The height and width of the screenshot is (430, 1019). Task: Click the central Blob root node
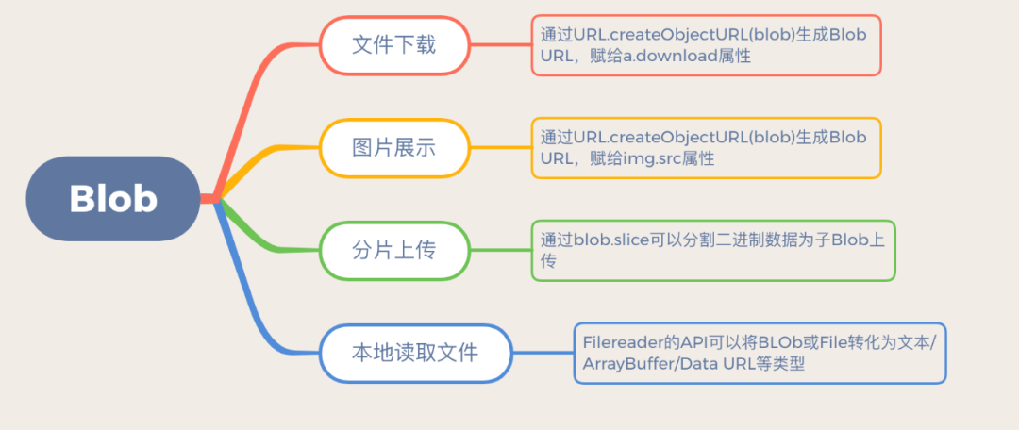pyautogui.click(x=113, y=198)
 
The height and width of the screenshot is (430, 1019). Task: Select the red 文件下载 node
pyautogui.click(x=393, y=44)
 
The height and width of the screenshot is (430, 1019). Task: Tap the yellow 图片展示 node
pyautogui.click(x=393, y=147)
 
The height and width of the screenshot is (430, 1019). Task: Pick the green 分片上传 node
pyautogui.click(x=393, y=250)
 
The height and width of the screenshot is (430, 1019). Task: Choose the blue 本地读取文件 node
pyautogui.click(x=415, y=354)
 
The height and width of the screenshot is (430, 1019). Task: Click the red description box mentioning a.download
pyautogui.click(x=706, y=45)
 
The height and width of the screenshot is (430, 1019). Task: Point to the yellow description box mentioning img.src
pyautogui.click(x=706, y=148)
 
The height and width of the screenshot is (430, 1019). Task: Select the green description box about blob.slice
pyautogui.click(x=712, y=250)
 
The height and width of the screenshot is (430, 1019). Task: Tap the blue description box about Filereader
pyautogui.click(x=760, y=353)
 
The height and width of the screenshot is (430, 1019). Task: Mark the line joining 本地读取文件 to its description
pyautogui.click(x=543, y=354)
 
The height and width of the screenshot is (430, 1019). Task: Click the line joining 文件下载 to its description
pyautogui.click(x=499, y=44)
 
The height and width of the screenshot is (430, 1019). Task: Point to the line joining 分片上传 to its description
pyautogui.click(x=499, y=250)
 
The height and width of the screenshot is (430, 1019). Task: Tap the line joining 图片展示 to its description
pyautogui.click(x=499, y=147)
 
